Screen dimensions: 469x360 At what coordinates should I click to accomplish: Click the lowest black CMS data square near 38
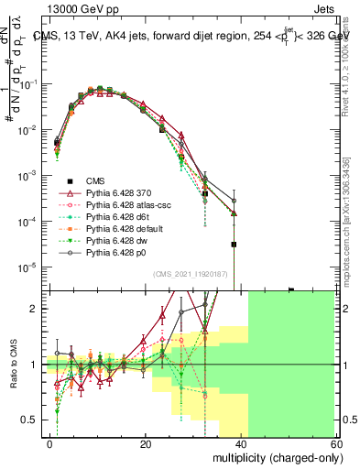coord(235,245)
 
